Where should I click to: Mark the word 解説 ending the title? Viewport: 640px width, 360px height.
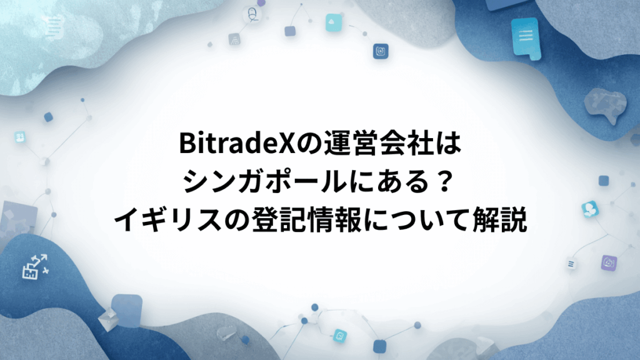point(502,219)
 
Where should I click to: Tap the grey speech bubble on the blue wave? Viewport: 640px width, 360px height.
point(602,102)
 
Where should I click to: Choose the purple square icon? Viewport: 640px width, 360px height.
point(609,262)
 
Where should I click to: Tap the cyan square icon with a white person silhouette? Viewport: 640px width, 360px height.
point(589,208)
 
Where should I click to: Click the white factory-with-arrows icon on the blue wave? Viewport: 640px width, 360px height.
point(34,266)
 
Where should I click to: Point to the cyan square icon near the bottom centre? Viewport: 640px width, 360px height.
point(340,335)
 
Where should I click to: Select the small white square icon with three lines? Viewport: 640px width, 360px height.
point(571,264)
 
